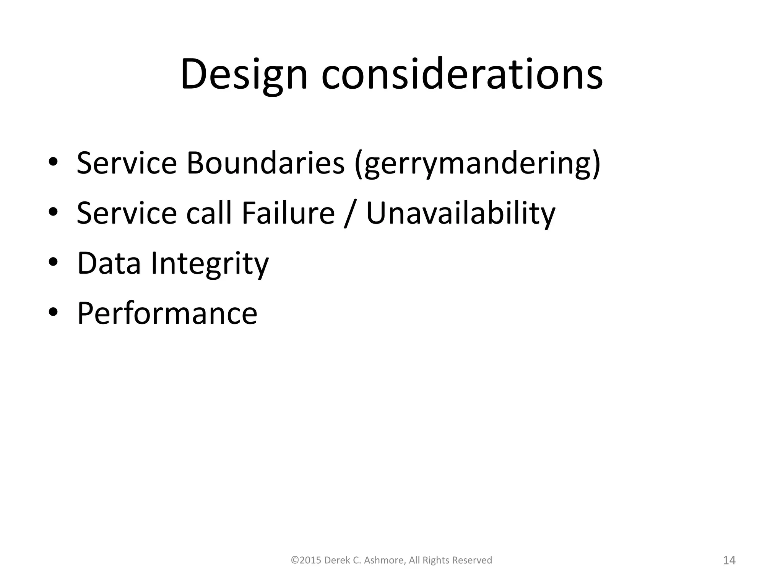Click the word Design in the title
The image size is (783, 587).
244,75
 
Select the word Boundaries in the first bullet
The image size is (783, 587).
265,164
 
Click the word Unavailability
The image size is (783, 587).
460,213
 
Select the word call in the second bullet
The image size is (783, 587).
209,213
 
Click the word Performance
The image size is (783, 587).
167,313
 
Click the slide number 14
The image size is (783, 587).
729,561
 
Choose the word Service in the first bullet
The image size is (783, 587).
127,164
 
